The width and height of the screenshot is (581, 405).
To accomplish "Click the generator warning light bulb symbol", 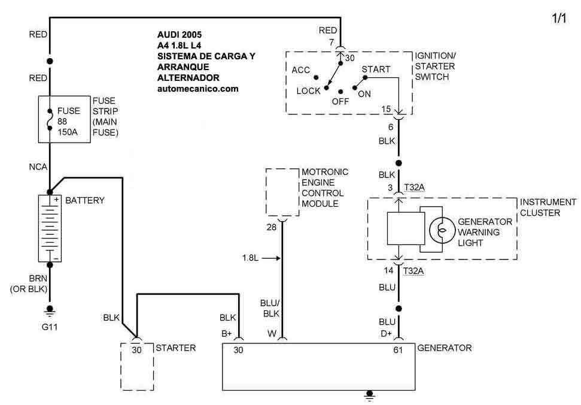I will (441, 229).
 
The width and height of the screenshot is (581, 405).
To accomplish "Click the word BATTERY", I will (84, 200).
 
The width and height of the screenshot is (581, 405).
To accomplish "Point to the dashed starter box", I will (136, 365).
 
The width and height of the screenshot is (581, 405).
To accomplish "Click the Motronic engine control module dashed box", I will (282, 192).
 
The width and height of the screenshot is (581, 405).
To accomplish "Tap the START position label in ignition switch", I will (376, 69).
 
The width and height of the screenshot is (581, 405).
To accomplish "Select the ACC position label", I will (301, 70).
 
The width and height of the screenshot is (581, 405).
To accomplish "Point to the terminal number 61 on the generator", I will (398, 350).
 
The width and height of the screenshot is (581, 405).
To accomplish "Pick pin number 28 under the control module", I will (272, 227).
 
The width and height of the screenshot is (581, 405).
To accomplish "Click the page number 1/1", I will (558, 19).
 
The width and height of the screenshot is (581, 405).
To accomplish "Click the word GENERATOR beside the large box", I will (445, 347).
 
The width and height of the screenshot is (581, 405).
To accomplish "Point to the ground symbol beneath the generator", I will (370, 395).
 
